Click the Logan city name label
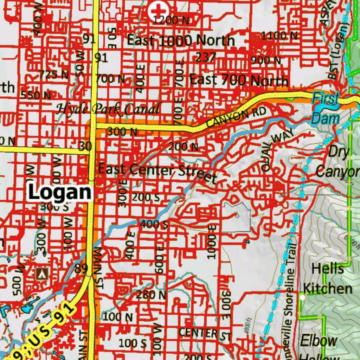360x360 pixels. point(59,192)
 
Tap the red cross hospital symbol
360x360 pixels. point(157,11)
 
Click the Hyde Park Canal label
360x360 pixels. point(109,109)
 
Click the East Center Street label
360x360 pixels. point(157,172)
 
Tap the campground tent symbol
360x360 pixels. point(43,273)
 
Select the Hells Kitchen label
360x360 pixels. point(327,279)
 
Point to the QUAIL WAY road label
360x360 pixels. point(272,152)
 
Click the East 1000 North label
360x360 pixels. point(181,40)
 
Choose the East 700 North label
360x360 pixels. point(239,80)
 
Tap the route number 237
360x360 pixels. point(206,57)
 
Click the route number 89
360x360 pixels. point(81,269)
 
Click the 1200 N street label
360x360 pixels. point(171,20)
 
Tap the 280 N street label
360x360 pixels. point(151,295)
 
